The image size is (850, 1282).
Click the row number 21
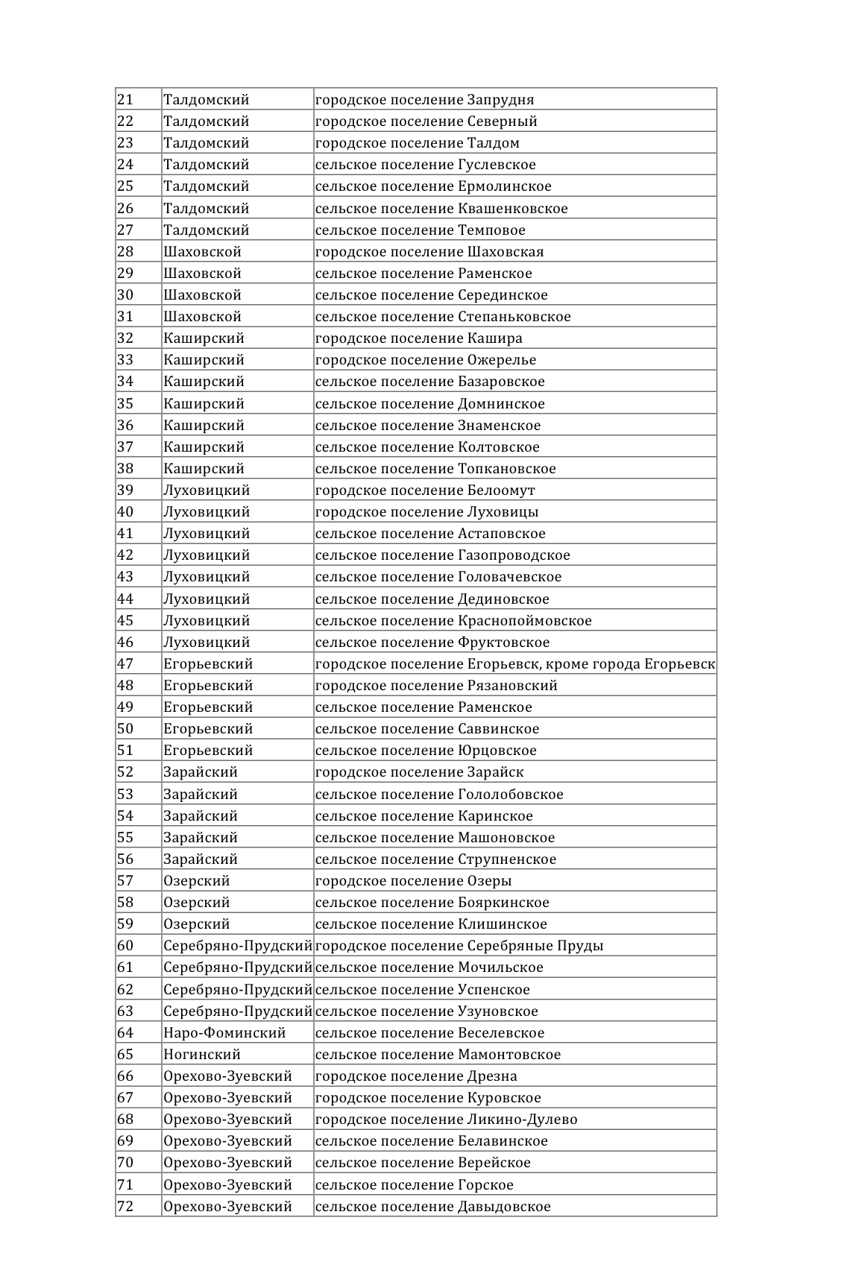point(125,100)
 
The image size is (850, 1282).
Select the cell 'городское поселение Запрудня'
point(424,100)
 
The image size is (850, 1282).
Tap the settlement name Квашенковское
point(513,209)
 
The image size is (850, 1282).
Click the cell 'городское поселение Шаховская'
point(429,252)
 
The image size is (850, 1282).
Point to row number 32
point(125,338)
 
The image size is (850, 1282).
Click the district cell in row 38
point(204,469)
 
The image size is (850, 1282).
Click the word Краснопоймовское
point(525,621)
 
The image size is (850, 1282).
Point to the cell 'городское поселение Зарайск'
point(420,772)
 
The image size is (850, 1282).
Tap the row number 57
point(125,881)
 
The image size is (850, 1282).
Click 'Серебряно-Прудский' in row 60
point(237,946)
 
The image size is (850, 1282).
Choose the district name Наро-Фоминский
point(224,1033)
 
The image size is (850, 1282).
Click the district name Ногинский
point(202,1055)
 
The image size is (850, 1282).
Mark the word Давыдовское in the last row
point(504,1207)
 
